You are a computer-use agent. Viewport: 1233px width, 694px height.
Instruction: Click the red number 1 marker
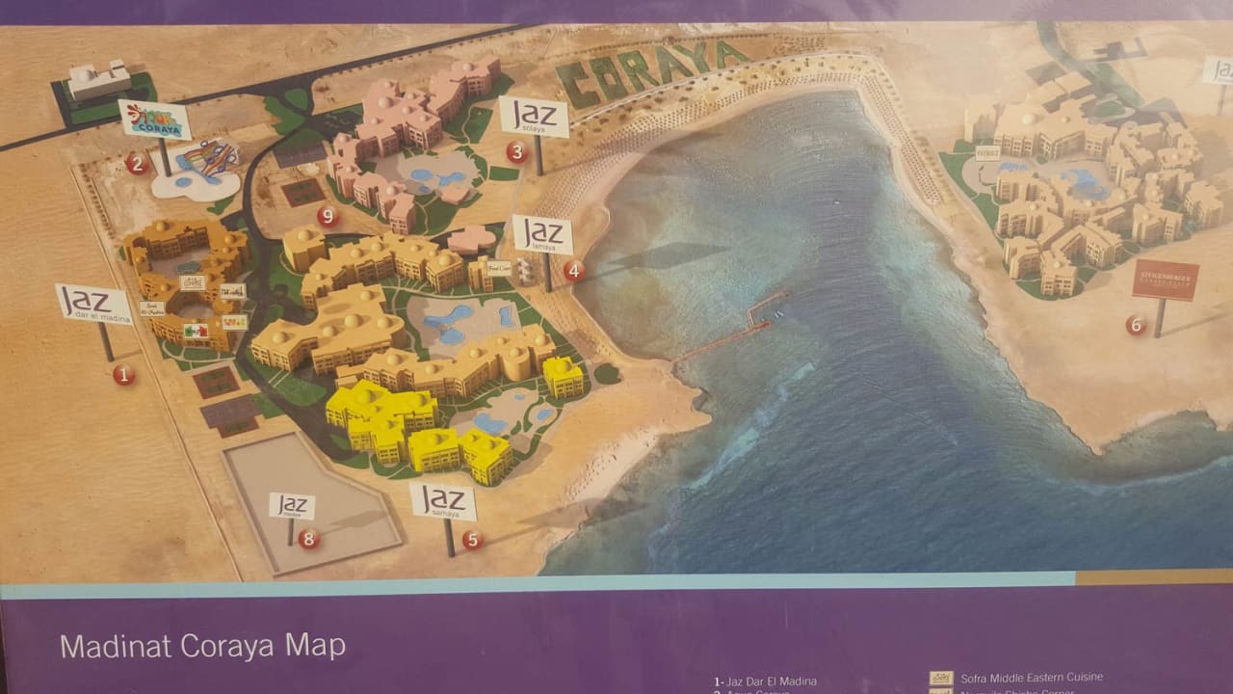(x=123, y=375)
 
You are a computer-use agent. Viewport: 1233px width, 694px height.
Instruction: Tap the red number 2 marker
(x=137, y=163)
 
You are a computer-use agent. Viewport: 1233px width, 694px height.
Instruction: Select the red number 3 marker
(x=517, y=151)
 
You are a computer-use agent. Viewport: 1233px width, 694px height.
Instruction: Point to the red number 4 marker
(x=574, y=271)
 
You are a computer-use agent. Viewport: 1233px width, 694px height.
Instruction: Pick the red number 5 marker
(x=472, y=540)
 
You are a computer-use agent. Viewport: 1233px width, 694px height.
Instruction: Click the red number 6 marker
(x=1136, y=325)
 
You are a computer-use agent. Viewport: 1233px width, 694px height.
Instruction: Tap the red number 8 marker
(x=308, y=539)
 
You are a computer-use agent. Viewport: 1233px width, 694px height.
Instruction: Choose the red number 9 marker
(x=328, y=216)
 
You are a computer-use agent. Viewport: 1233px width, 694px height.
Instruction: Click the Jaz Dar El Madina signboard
(x=93, y=303)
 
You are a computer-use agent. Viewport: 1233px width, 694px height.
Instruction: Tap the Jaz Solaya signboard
(x=534, y=117)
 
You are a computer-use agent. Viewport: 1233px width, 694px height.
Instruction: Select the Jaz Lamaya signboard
(x=542, y=234)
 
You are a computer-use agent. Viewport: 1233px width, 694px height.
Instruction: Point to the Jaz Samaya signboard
(x=443, y=500)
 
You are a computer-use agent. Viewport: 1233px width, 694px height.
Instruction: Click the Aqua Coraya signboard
(x=154, y=120)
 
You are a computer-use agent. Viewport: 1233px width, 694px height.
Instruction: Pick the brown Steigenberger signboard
(x=1166, y=280)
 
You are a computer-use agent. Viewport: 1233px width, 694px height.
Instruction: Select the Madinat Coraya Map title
(x=202, y=645)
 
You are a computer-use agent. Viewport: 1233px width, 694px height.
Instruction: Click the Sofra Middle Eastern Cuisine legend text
(x=1031, y=677)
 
